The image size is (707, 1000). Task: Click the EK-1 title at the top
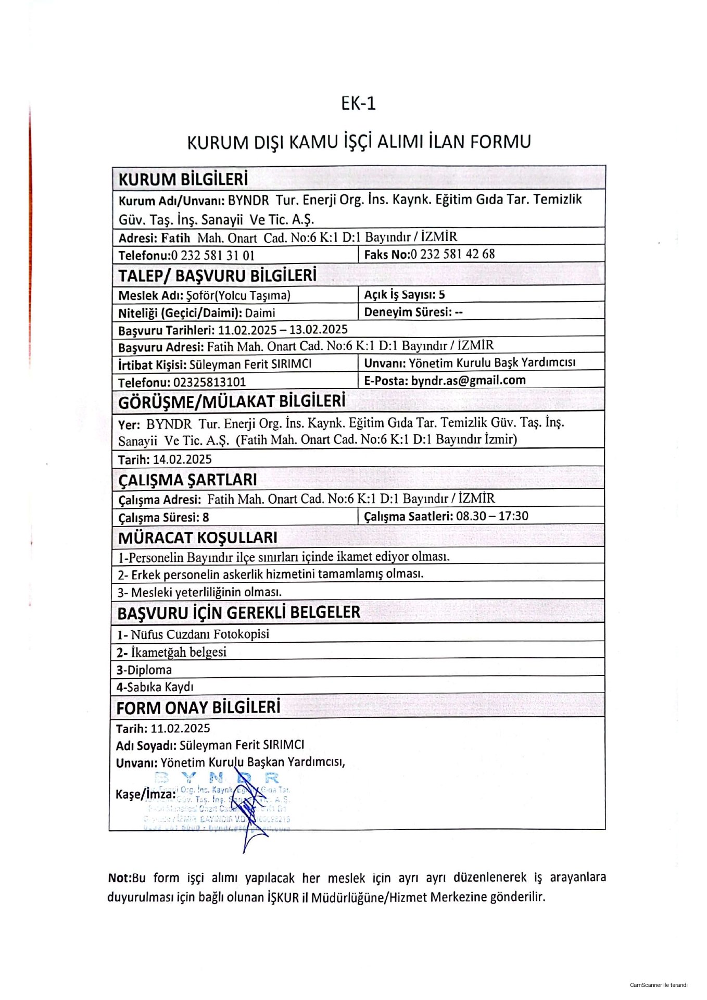click(x=358, y=104)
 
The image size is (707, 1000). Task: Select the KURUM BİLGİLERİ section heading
click(x=183, y=179)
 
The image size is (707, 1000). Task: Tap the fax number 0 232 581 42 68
click(x=452, y=254)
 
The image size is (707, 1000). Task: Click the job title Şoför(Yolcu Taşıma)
click(x=238, y=296)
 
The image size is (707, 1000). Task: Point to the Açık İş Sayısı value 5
click(x=441, y=295)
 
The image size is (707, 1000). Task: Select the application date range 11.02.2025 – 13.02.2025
click(x=283, y=330)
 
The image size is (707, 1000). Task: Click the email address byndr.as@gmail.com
click(x=468, y=380)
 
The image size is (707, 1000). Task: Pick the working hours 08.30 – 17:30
click(x=492, y=516)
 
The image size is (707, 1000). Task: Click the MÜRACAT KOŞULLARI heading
click(x=197, y=537)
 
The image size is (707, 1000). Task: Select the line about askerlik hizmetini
click(x=270, y=574)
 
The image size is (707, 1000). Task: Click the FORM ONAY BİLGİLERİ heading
click(x=198, y=708)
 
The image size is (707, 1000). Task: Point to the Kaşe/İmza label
click(x=145, y=794)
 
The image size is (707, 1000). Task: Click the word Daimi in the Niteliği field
click(x=260, y=313)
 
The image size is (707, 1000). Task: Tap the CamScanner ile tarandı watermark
click(x=658, y=985)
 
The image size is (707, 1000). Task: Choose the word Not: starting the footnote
click(x=119, y=878)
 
